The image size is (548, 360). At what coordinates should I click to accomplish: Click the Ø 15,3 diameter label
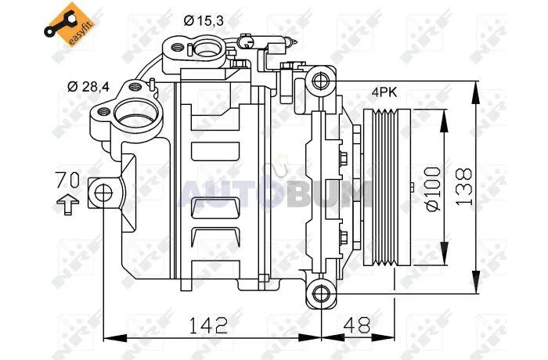coord(204,21)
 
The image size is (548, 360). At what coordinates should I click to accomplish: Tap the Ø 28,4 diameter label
coord(88,86)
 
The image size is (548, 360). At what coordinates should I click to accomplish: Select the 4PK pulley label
coord(384,92)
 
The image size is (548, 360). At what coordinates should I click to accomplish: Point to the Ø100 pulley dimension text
coord(433,189)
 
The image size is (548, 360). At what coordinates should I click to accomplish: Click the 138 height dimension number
coord(464,186)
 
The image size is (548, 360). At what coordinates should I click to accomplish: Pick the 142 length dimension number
coord(208,325)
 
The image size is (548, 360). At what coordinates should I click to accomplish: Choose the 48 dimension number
coord(356,325)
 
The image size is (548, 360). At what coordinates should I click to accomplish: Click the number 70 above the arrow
coord(68,180)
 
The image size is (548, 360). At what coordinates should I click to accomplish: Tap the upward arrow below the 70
coord(68,204)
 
